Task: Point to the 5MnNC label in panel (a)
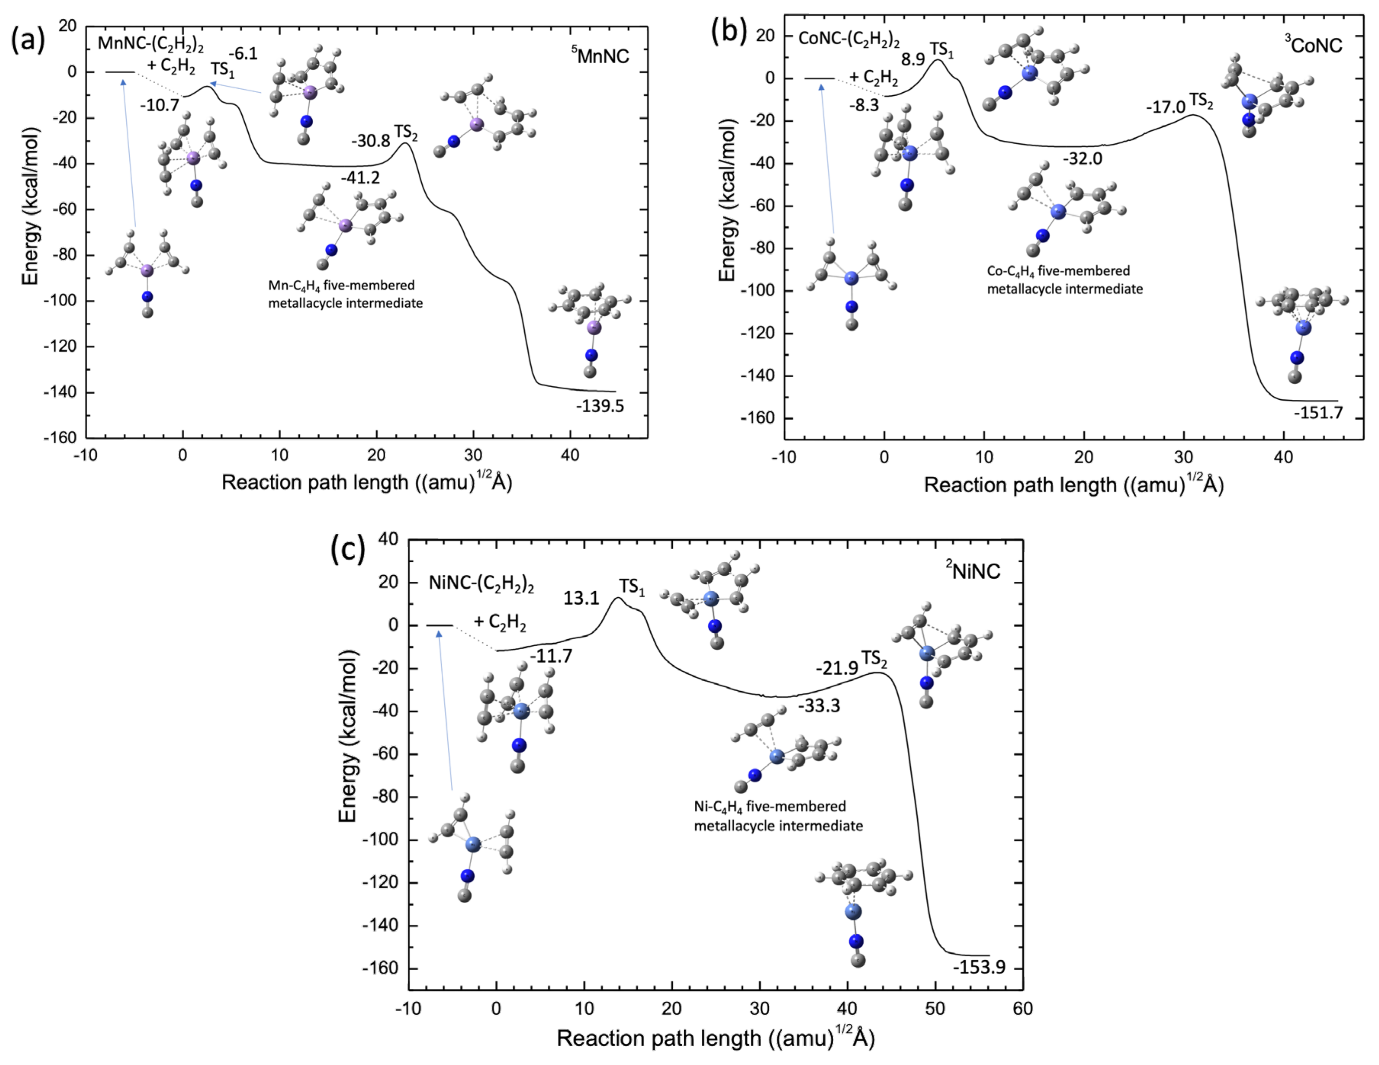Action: pos(601,56)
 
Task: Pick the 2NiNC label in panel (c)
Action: pos(972,570)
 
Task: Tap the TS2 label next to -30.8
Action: pos(406,133)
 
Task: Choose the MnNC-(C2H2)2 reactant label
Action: pos(150,44)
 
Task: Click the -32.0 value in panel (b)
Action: pos(1082,159)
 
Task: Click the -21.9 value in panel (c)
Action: pos(837,668)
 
